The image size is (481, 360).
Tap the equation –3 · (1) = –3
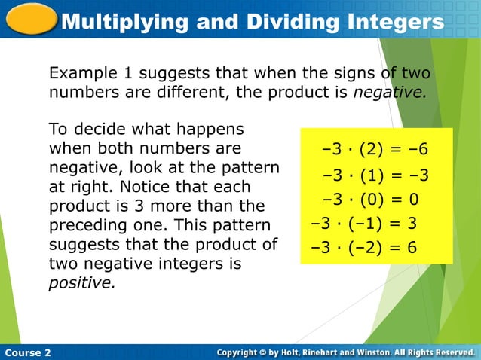tap(375, 176)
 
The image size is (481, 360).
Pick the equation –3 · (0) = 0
tap(370, 200)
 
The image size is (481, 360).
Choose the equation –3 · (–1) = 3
tap(364, 224)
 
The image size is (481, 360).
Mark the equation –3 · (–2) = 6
tap(364, 247)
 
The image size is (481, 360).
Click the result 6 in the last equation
tap(412, 247)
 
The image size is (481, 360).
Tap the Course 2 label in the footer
tap(27, 352)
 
